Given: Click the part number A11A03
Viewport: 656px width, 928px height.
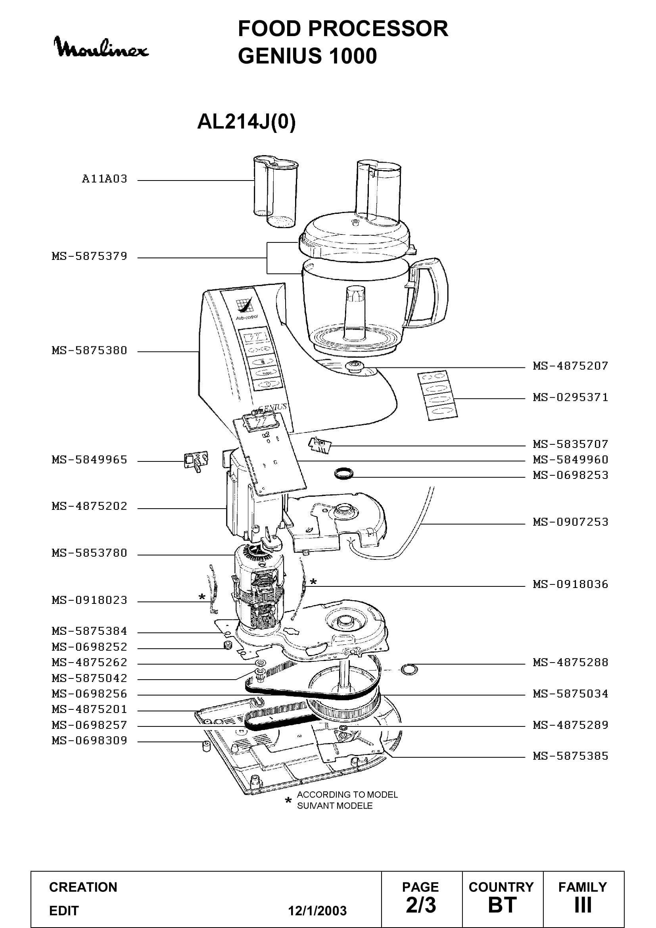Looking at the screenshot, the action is pyautogui.click(x=105, y=179).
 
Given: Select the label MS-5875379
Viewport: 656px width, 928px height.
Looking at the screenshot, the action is pyautogui.click(x=90, y=256).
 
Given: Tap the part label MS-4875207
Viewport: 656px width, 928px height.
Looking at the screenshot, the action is pyautogui.click(x=570, y=366).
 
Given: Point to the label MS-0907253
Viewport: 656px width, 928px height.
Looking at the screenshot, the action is pyautogui.click(x=570, y=522).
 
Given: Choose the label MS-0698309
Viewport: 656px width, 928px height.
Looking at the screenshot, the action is pyautogui.click(x=90, y=740).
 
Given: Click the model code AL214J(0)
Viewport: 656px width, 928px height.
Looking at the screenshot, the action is pyautogui.click(x=246, y=121).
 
